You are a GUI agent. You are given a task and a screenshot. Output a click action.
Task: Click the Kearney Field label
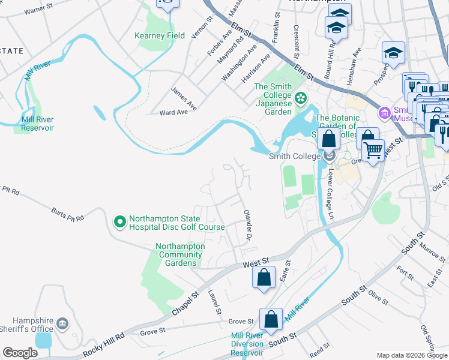click(x=160, y=36)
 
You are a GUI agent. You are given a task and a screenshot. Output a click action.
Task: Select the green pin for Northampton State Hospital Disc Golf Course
click(x=119, y=223)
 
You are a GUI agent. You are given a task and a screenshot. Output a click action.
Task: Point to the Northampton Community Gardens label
click(x=180, y=255)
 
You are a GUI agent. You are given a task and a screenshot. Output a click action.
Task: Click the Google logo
click(x=20, y=353)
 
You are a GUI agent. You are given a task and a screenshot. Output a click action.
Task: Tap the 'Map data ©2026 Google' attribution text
click(x=412, y=355)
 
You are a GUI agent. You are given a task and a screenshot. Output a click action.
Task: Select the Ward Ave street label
click(x=173, y=112)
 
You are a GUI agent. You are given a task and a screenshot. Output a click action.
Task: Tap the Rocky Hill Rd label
click(x=103, y=343)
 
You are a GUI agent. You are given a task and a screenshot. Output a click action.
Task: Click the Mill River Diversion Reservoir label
click(x=247, y=344)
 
